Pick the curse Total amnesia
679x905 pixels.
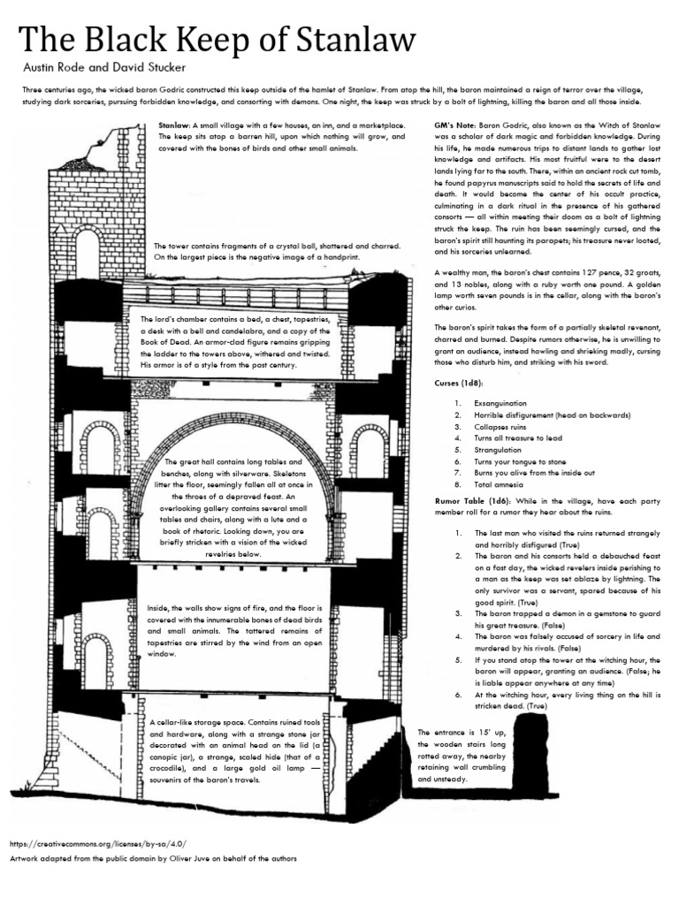tap(500, 484)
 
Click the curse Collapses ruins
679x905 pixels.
tap(503, 426)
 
